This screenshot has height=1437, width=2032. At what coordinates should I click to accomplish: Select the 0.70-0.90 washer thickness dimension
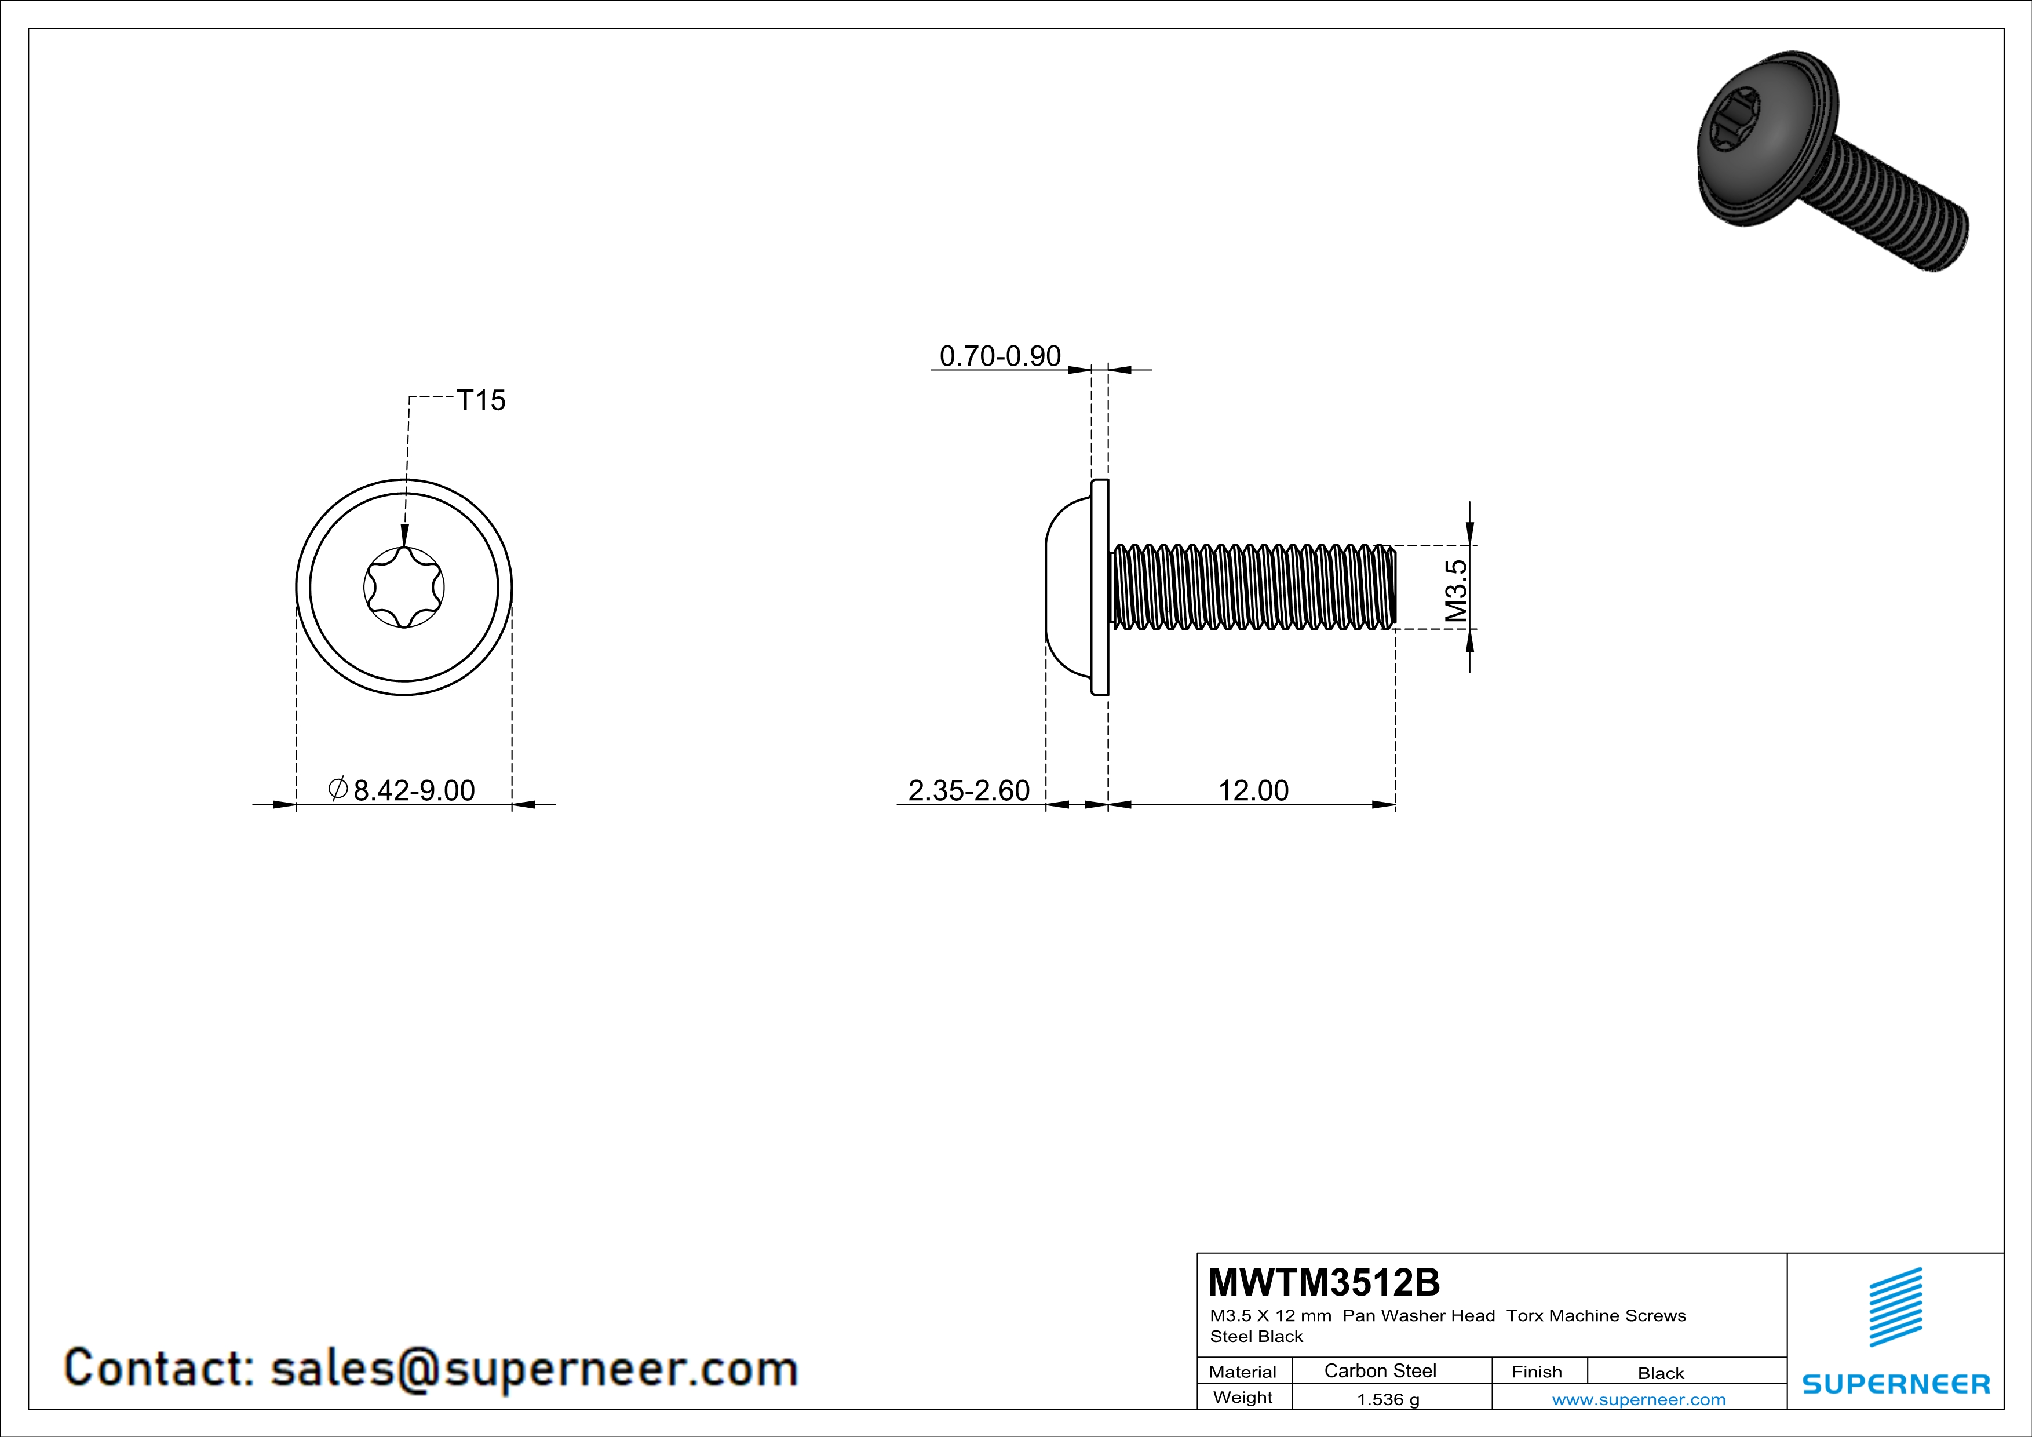click(1000, 356)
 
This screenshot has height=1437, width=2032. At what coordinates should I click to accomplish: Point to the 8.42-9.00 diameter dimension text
click(414, 790)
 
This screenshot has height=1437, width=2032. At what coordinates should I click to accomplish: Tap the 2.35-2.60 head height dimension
click(969, 790)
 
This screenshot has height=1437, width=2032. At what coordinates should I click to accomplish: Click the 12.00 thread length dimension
click(1253, 790)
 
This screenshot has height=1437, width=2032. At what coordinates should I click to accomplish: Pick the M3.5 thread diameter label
click(1456, 590)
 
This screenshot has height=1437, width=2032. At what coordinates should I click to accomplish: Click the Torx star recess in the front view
click(404, 586)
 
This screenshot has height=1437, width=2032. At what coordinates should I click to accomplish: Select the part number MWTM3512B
click(1324, 1282)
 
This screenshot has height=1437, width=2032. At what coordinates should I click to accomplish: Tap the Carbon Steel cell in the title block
click(1380, 1370)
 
